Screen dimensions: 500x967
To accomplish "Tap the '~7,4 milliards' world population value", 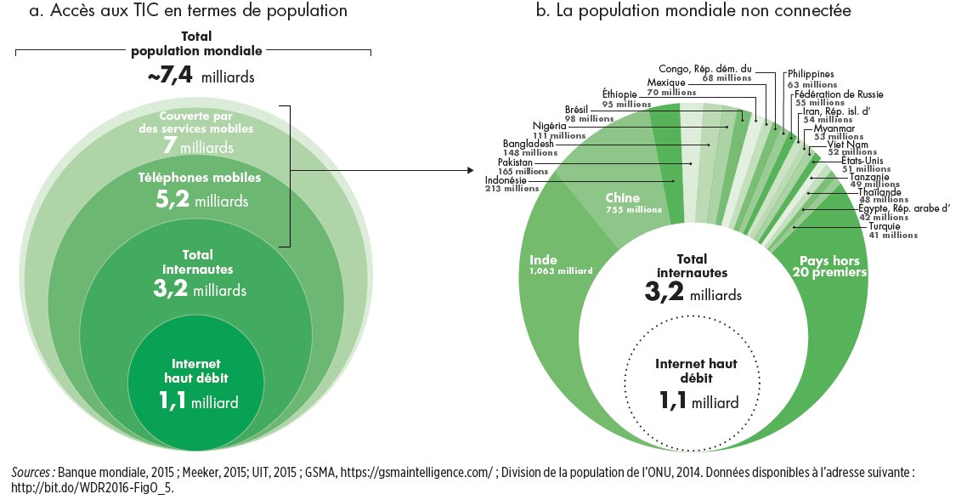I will coord(201,77).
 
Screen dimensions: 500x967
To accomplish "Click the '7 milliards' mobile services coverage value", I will coord(197,147).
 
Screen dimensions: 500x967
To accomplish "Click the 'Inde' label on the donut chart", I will coord(544,259).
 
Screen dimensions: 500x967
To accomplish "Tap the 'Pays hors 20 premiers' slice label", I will coord(828,266).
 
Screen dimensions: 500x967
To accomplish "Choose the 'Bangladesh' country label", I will coord(528,144).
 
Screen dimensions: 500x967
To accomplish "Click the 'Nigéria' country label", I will coord(549,126).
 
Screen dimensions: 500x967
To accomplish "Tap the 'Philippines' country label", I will coord(811,75).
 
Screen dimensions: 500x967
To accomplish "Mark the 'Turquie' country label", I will coord(885,226).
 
